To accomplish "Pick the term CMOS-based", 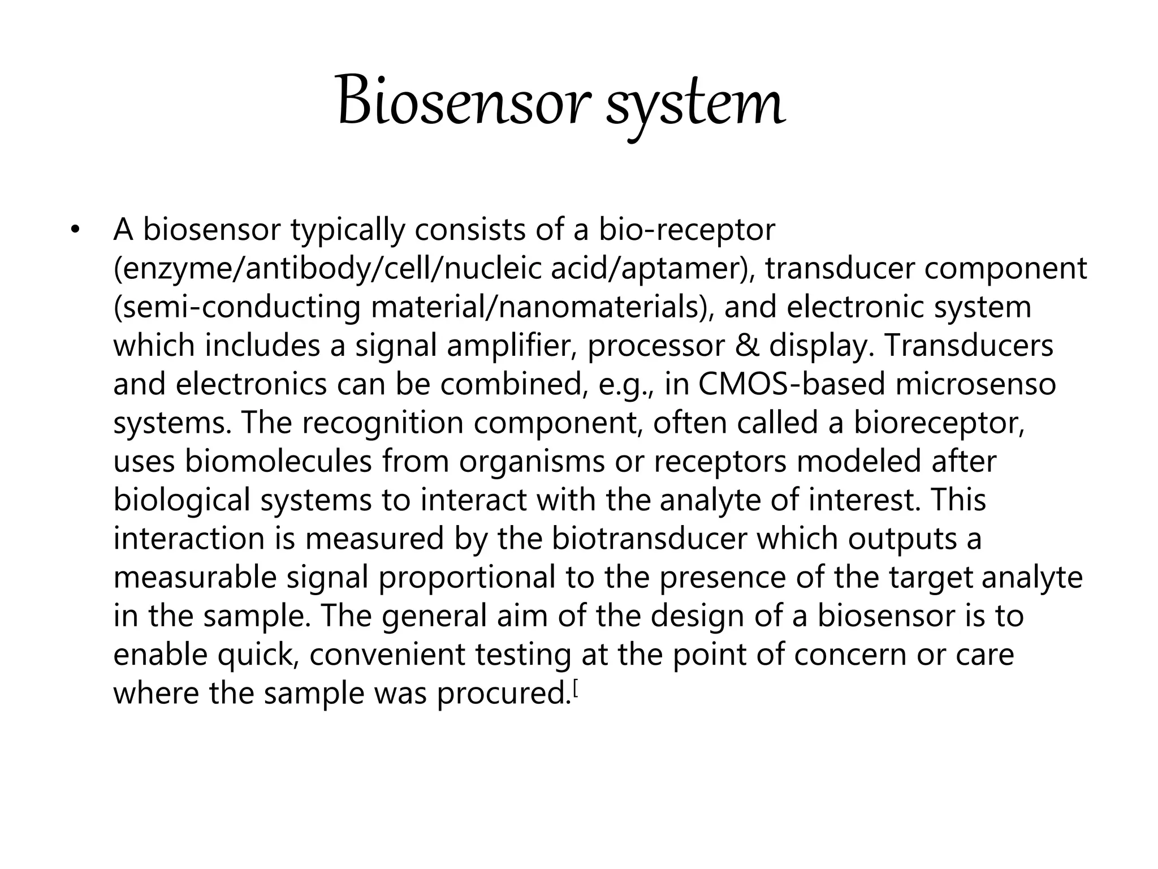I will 792,384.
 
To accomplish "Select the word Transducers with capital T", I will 969,346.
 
